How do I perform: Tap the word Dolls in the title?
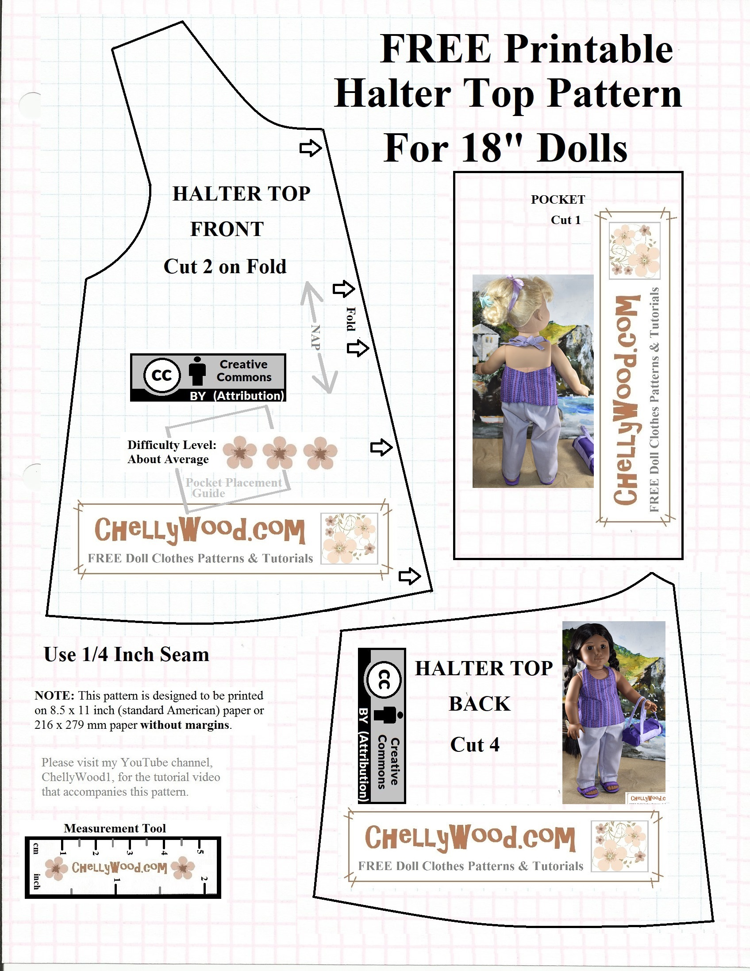click(582, 148)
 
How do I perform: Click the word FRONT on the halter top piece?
click(227, 229)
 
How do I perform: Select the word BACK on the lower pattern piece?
click(479, 704)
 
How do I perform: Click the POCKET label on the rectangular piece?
click(558, 200)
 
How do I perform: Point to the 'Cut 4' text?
click(474, 745)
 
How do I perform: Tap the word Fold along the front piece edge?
click(351, 319)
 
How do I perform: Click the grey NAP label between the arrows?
click(315, 337)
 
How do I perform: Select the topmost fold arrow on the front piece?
click(310, 147)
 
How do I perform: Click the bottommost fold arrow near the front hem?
click(409, 576)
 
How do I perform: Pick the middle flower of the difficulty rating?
click(280, 453)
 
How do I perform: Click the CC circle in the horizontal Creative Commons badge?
click(162, 375)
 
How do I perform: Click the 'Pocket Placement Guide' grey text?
click(233, 488)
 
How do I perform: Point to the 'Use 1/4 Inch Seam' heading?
click(127, 655)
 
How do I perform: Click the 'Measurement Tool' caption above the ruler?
click(115, 828)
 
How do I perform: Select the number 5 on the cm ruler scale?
click(200, 852)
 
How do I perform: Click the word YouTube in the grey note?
click(145, 762)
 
